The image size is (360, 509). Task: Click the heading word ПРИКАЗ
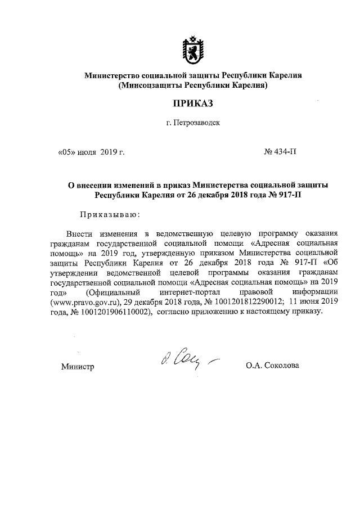[193, 103]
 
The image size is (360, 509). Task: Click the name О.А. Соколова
[273, 366]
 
